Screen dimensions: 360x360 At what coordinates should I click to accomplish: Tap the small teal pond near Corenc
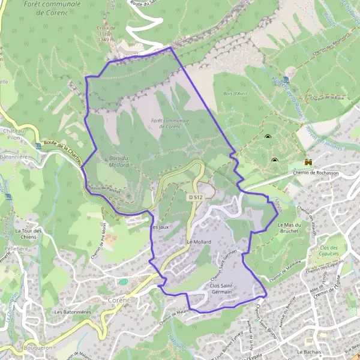pyautogui.click(x=123, y=281)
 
